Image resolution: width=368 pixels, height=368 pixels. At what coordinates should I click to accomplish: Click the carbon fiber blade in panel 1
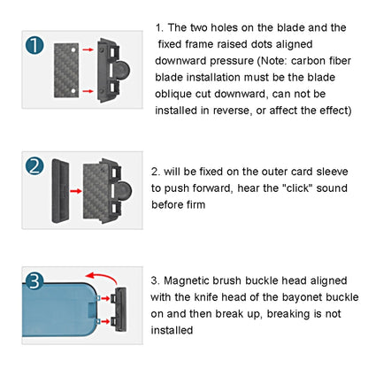tap(67, 67)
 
